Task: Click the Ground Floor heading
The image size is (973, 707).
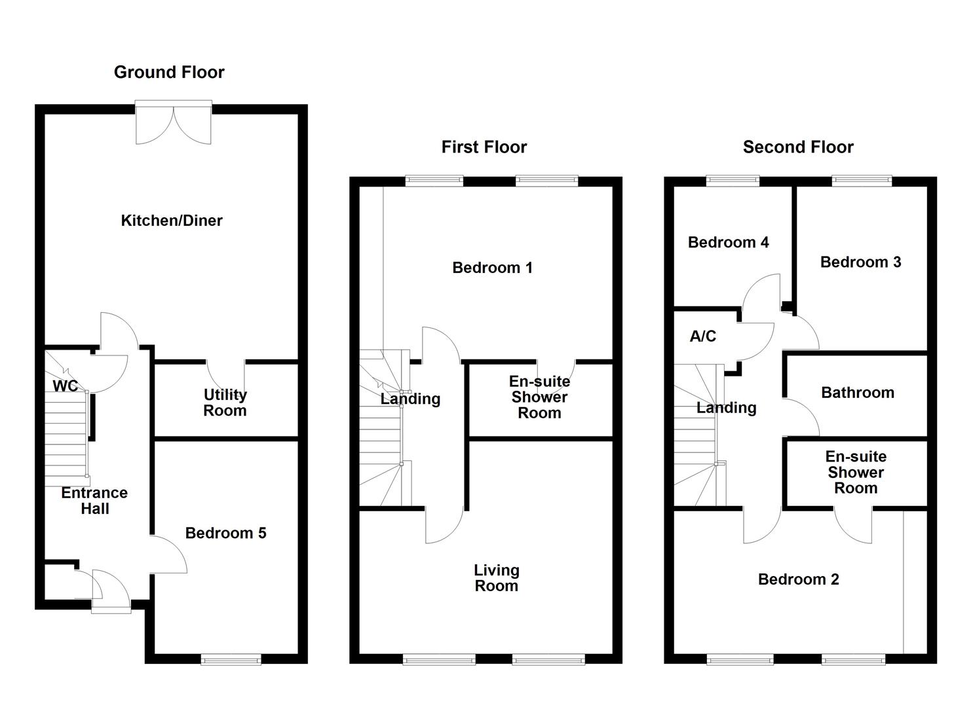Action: pyautogui.click(x=169, y=72)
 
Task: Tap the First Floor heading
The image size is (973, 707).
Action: pyautogui.click(x=484, y=147)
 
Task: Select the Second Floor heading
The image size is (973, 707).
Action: pyautogui.click(x=797, y=147)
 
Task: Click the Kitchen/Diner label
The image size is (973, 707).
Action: pyautogui.click(x=172, y=221)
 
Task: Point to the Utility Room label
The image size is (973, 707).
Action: pyautogui.click(x=225, y=403)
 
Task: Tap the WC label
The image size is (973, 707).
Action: pyautogui.click(x=65, y=386)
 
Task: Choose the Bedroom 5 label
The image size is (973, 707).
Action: pyautogui.click(x=225, y=533)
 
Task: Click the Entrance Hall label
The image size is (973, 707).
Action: pyautogui.click(x=94, y=501)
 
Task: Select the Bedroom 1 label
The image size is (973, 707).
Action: pyautogui.click(x=492, y=268)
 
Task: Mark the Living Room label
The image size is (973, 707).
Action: pyautogui.click(x=496, y=578)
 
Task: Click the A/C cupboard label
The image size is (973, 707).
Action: pyautogui.click(x=702, y=336)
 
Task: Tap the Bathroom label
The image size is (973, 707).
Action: pyautogui.click(x=857, y=393)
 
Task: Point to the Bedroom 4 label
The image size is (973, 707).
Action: pyautogui.click(x=728, y=243)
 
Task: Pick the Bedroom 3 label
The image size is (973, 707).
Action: pyautogui.click(x=860, y=263)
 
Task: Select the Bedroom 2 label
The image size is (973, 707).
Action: pyautogui.click(x=798, y=579)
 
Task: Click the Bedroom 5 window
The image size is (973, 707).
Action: pyautogui.click(x=231, y=659)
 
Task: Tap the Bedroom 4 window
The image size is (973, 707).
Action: pyautogui.click(x=733, y=181)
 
